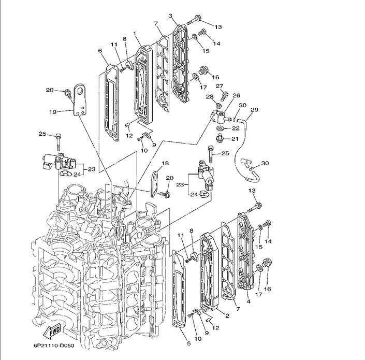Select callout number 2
point(227,315)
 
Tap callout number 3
point(170,16)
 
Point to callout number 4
point(249,302)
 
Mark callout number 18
point(165,164)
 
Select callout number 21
point(235,138)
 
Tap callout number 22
point(235,128)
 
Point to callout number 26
point(236,96)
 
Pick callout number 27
point(219,86)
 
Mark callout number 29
point(254,110)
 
